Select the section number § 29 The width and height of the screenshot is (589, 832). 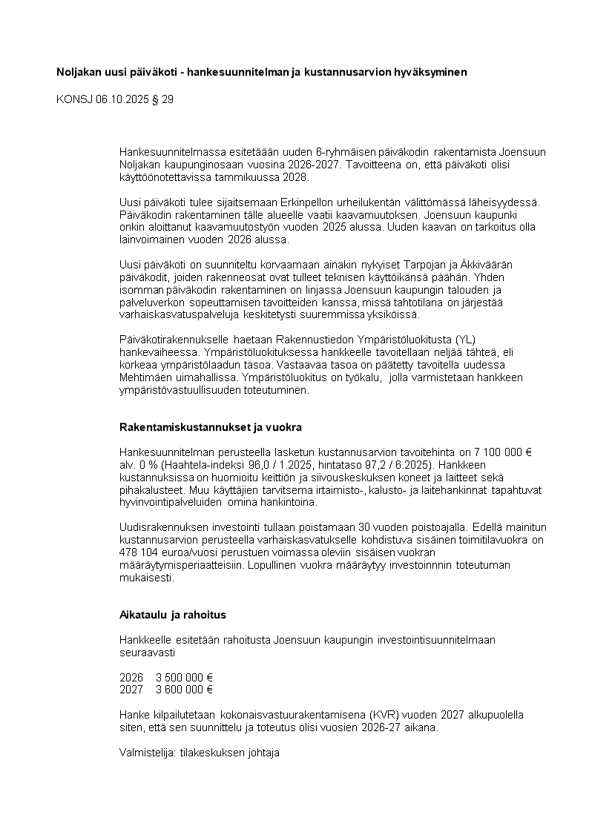(x=162, y=99)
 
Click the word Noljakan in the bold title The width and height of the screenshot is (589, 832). (x=79, y=72)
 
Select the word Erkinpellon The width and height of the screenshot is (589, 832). (x=308, y=202)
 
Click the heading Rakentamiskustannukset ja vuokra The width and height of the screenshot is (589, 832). (x=210, y=428)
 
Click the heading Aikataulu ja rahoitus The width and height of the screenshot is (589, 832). (x=172, y=615)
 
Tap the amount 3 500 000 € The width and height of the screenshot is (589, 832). (x=184, y=677)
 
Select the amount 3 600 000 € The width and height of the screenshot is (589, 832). (x=184, y=689)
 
